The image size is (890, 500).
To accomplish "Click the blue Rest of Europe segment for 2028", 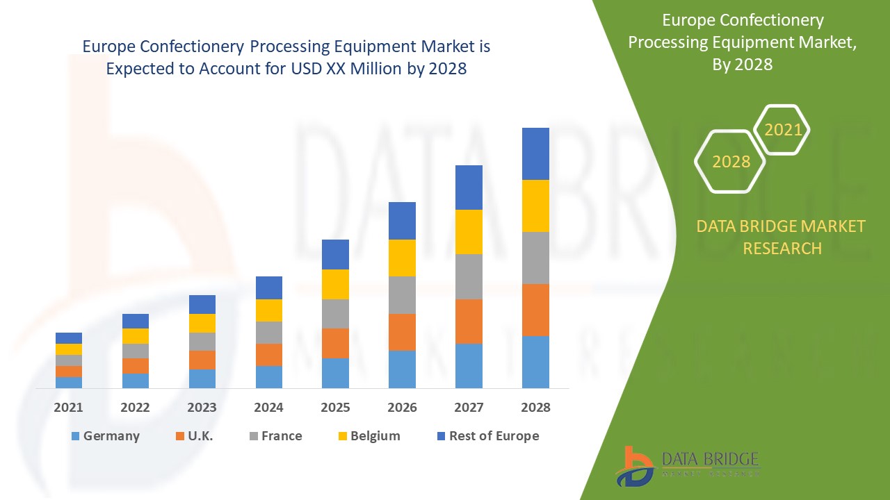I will pos(535,153).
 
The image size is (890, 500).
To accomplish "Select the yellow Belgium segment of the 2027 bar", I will pos(469,232).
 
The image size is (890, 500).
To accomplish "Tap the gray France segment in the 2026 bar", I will pos(402,295).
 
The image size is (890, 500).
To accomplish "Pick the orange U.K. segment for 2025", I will pos(335,343).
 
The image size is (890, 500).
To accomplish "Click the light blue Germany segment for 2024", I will pos(268,376).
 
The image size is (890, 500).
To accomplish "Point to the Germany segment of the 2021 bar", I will pos(69,382).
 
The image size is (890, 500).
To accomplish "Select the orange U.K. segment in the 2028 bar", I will pos(535,310).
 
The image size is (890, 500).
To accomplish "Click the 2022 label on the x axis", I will pos(135,408).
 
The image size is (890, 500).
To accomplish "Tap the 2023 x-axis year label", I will pos(202,408).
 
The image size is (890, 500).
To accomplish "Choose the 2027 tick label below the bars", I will pos(469,408).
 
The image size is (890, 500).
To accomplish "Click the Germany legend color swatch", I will pos(75,436).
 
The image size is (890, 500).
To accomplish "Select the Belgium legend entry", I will pos(368,436).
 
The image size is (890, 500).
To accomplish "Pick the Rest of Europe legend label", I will pos(494,436).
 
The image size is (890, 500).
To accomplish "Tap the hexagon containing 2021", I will pos(783,130).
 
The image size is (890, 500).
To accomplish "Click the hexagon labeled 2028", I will pos(731,162).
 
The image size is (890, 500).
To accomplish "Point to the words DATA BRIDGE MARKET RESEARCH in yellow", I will pos(781,237).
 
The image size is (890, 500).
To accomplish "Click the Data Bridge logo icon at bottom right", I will pos(634,466).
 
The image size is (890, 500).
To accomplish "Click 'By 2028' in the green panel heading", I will pos(742,64).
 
